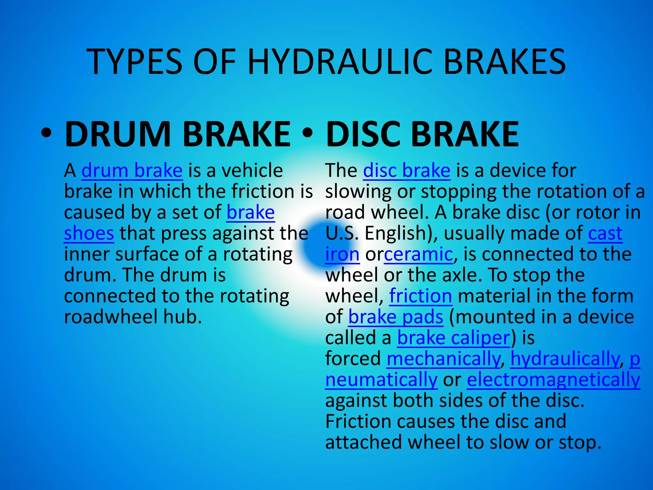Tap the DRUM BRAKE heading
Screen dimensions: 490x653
click(178, 134)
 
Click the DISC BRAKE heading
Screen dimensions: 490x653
click(422, 134)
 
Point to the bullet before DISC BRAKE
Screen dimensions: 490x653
click(308, 134)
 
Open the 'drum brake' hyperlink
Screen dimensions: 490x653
click(132, 171)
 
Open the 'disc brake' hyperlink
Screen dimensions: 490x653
click(407, 171)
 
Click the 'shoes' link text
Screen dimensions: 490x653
click(89, 234)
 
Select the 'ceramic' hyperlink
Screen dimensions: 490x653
click(418, 255)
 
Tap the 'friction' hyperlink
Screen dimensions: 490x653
click(421, 296)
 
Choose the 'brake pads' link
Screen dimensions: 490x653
click(396, 317)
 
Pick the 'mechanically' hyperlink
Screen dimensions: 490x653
click(444, 359)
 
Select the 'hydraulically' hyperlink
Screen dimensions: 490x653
click(565, 359)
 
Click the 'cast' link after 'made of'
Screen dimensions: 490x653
click(605, 234)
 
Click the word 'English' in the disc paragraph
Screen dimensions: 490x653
click(396, 234)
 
